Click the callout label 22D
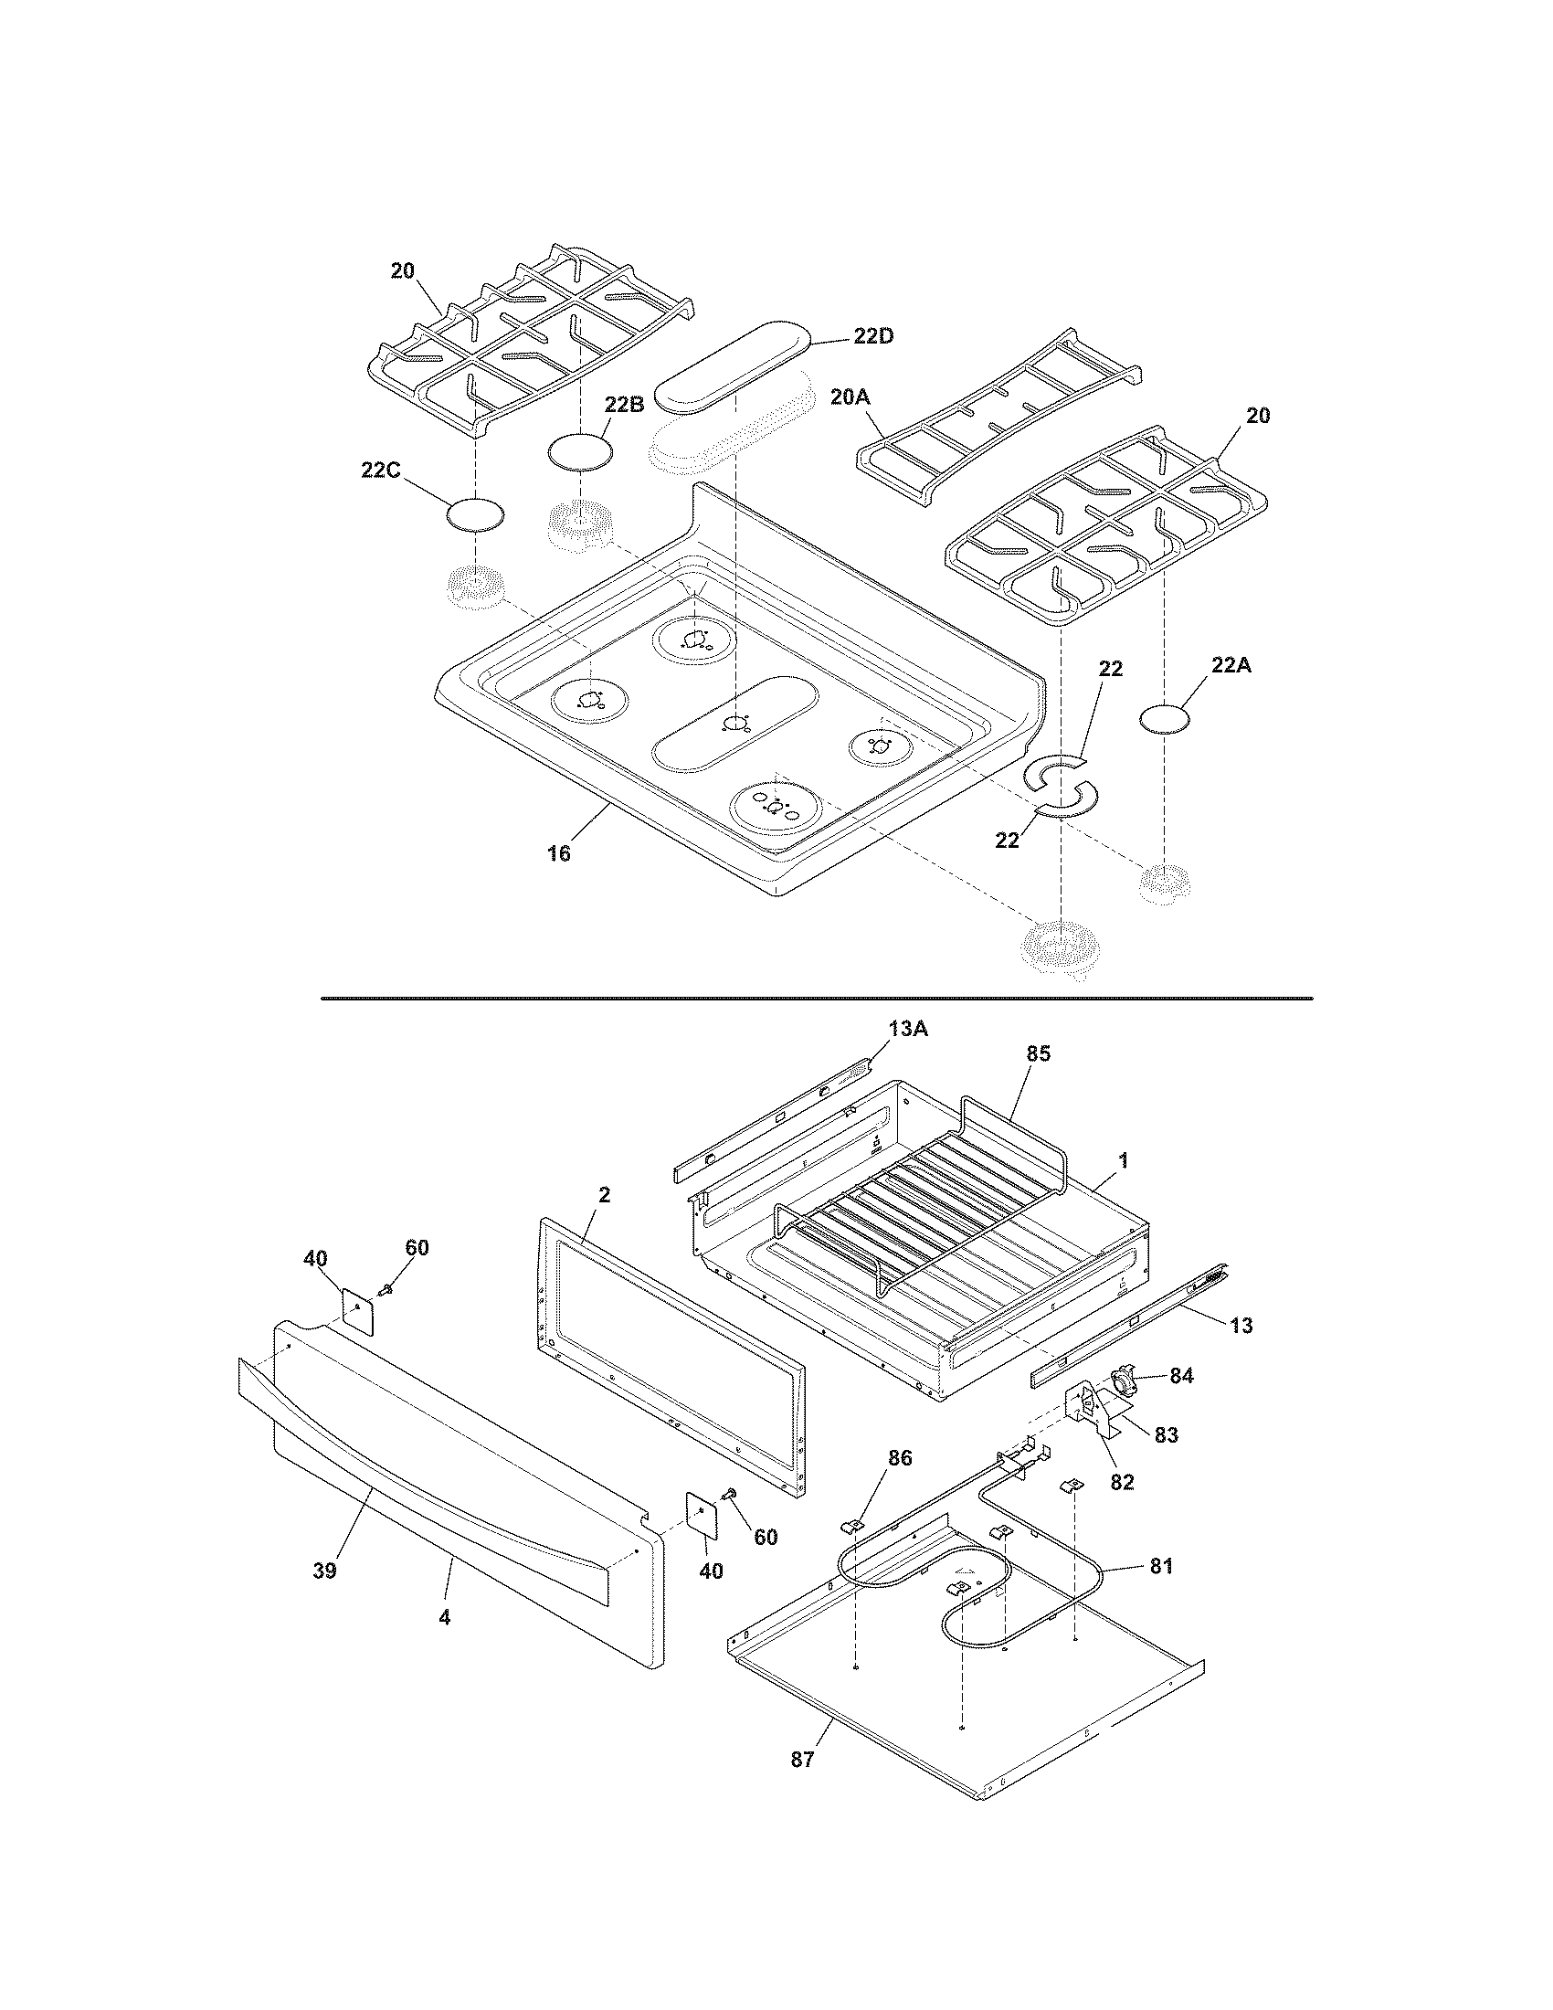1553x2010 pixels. pos(872,337)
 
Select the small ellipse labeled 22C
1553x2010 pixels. pos(476,515)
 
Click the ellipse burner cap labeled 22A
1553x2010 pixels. pos(1164,718)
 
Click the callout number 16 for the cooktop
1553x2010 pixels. pos(558,853)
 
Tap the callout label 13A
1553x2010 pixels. pos(908,1030)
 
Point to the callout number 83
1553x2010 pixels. pos(1166,1434)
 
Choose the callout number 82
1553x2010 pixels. pos(1122,1482)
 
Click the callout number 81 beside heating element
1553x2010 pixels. pos(1161,1566)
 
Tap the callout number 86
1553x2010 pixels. pos(900,1459)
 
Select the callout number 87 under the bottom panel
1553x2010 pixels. pos(802,1760)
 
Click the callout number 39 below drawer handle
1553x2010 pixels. pos(324,1571)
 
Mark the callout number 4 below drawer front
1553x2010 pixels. pos(444,1617)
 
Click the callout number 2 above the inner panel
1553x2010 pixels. pos(604,1196)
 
